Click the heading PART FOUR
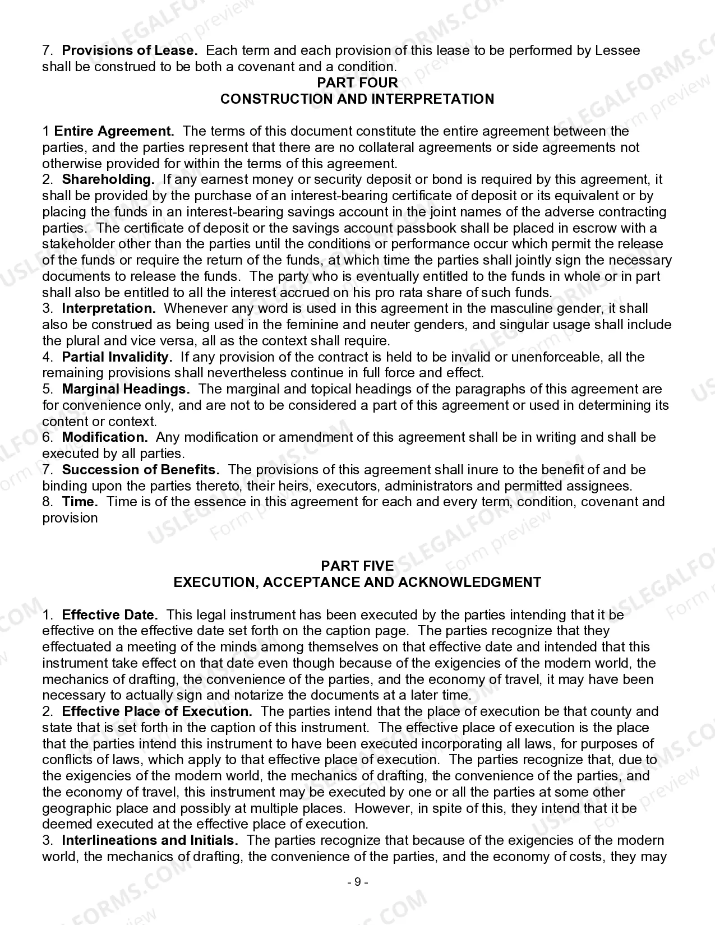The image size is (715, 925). pos(357,82)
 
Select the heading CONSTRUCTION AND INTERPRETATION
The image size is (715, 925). pos(357,99)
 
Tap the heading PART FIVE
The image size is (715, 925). pos(357,566)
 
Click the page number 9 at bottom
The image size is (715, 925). pos(357,882)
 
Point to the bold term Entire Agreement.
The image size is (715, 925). pos(114,131)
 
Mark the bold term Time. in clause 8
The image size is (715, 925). pos(80,502)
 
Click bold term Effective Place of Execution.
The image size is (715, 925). pos(157,711)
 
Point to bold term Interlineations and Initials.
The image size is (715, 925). pos(150,840)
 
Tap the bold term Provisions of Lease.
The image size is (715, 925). pos(130,50)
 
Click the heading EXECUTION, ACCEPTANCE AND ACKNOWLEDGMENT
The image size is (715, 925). pos(357,582)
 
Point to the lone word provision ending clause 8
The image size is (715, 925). pos(70,518)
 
